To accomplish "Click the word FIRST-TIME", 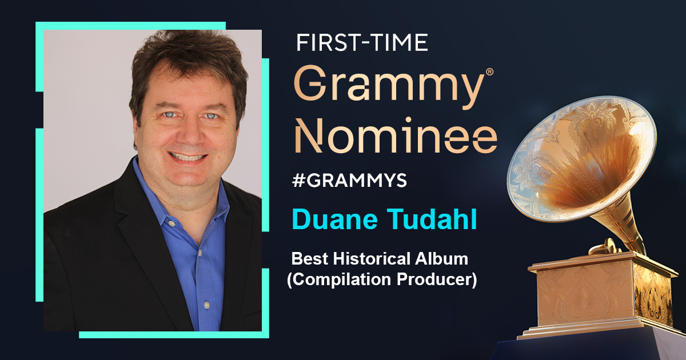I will (361, 43).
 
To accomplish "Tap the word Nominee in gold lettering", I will (395, 135).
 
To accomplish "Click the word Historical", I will (366, 259).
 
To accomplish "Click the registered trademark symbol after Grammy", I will (489, 73).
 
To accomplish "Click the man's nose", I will (190, 129).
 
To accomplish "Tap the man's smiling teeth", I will (188, 156).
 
